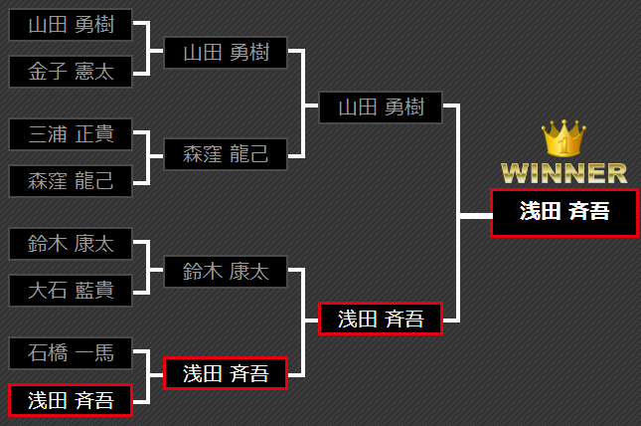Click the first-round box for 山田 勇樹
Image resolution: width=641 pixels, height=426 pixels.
tap(71, 25)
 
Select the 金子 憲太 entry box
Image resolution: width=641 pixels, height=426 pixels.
tap(71, 71)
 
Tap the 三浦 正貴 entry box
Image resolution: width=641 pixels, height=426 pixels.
tap(71, 134)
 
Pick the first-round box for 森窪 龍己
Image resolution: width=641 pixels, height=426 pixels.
tap(71, 180)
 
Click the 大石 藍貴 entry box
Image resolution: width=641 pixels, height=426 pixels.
tap(71, 290)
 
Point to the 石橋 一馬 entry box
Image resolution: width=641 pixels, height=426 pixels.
tap(71, 352)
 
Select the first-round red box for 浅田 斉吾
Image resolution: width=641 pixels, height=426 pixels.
tap(71, 400)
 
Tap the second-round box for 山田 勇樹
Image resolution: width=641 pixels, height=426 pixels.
tap(226, 53)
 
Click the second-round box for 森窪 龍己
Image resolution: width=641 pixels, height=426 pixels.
tap(226, 153)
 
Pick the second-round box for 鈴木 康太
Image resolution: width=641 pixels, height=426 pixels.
tap(226, 271)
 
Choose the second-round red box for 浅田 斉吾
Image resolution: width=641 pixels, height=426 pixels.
tap(226, 373)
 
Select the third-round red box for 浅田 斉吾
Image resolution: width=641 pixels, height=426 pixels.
tap(381, 319)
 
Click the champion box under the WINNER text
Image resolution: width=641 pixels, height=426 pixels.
tap(563, 212)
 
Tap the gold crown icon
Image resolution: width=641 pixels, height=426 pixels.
tap(563, 138)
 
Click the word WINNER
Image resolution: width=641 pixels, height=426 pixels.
tap(563, 173)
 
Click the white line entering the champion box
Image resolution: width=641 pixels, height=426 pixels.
tap(476, 213)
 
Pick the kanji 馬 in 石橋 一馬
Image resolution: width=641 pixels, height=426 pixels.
tap(103, 352)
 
